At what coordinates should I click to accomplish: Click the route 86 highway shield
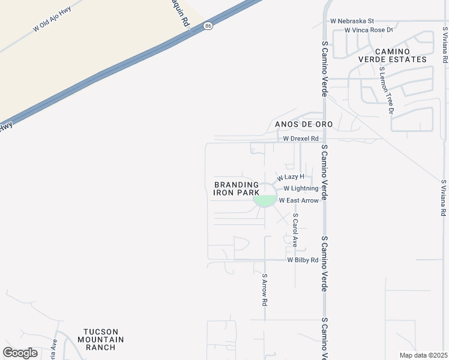pos(208,26)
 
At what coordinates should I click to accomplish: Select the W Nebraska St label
pos(352,21)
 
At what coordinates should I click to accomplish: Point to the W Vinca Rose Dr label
pos(368,30)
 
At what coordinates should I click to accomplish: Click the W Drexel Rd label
pos(301,138)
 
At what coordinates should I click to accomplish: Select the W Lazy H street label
pos(291,177)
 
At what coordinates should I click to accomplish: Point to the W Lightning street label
pos(301,188)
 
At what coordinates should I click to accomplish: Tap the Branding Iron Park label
pos(237,189)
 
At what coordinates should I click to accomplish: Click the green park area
pos(265,201)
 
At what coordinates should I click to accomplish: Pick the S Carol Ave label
pos(295,230)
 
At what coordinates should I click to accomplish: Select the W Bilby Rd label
pos(303,260)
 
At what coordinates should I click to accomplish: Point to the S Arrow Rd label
pos(264,290)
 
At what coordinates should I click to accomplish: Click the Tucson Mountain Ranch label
pos(104,339)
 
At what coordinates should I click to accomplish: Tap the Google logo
pos(20,353)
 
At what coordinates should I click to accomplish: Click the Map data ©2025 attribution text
pos(423,355)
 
